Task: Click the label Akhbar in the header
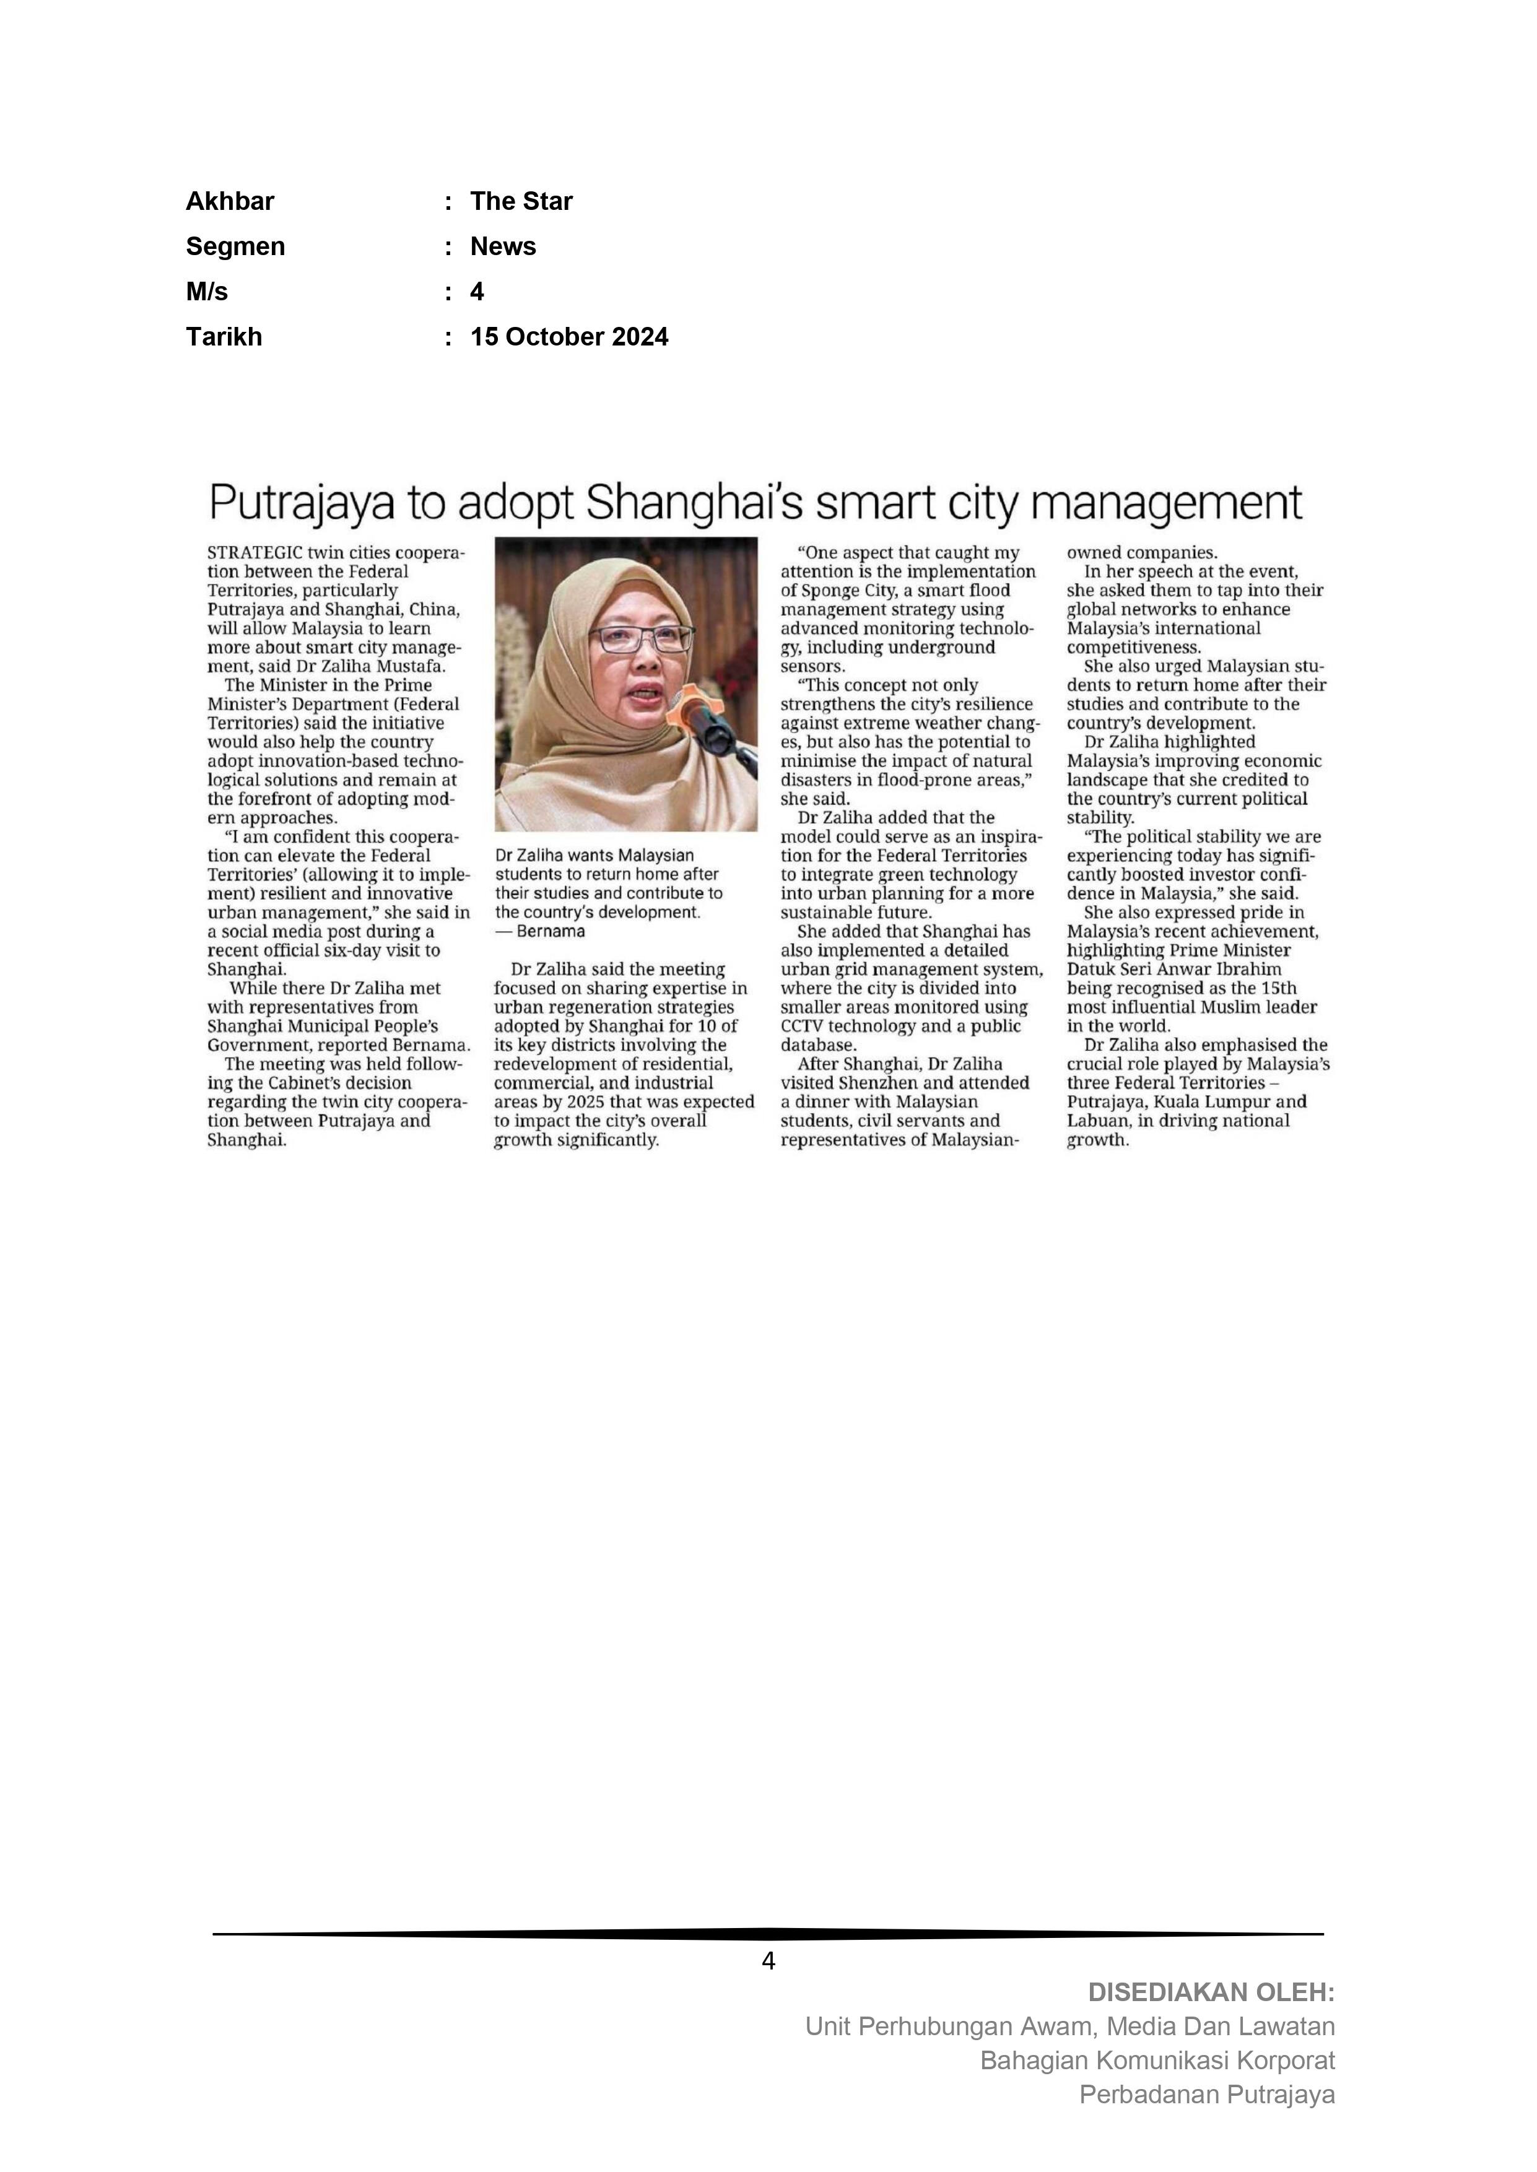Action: (x=230, y=201)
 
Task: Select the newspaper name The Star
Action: (x=521, y=201)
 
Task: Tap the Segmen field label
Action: (x=235, y=247)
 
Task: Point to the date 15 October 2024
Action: (x=569, y=337)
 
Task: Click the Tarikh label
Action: (x=224, y=337)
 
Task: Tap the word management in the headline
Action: (x=1166, y=503)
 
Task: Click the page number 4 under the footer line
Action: (x=767, y=1962)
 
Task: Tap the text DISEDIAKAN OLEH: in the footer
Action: (x=1211, y=1993)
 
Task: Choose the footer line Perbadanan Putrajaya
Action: (x=1207, y=2095)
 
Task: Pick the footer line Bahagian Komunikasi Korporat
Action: (x=1157, y=2061)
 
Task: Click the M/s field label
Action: (x=206, y=292)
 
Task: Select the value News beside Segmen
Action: (x=503, y=247)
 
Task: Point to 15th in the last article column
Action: (x=1279, y=989)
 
